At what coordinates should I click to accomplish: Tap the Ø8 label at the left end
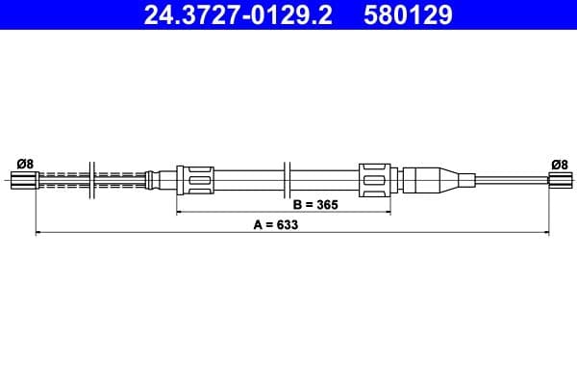(25, 163)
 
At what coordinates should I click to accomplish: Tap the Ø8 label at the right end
(558, 163)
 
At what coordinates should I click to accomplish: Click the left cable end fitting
(24, 178)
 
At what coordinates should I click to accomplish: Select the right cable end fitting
(559, 178)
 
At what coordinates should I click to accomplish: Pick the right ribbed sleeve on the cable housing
(375, 178)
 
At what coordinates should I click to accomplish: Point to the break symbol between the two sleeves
(288, 178)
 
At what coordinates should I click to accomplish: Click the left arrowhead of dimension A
(38, 232)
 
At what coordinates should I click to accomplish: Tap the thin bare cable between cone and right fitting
(510, 178)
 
